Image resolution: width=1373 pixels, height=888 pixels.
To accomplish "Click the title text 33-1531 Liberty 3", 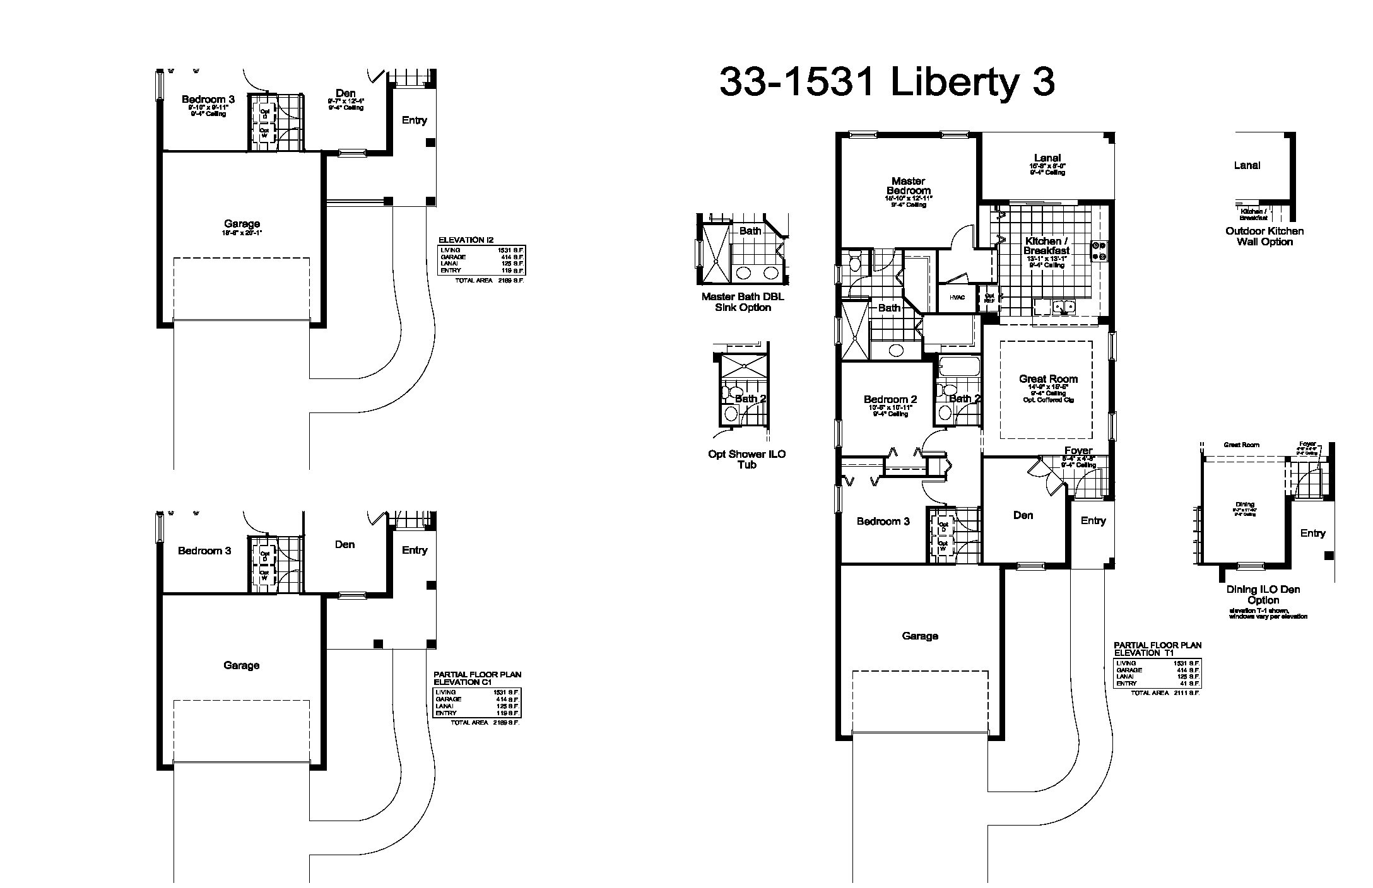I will [887, 83].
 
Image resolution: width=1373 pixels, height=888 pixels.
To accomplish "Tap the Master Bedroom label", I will [909, 186].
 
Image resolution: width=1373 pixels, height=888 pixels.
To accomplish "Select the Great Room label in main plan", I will [1048, 379].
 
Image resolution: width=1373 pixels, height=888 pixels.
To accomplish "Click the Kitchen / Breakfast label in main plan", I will [1046, 246].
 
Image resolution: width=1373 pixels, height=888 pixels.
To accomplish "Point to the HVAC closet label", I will [957, 298].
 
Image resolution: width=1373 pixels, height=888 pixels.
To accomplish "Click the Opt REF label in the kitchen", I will [989, 298].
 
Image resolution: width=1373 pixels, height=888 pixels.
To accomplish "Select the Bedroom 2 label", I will [890, 399].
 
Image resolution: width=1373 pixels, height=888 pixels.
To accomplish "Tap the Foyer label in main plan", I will [1078, 451].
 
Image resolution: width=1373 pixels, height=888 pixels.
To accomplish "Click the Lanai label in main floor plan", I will [1047, 158].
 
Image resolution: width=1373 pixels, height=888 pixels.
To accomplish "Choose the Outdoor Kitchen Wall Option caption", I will [1264, 237].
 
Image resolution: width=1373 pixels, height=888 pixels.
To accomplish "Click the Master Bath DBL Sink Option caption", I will [743, 302].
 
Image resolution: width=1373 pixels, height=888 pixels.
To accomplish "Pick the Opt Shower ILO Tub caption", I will [746, 459].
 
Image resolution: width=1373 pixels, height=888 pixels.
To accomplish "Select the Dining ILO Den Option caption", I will [1263, 595].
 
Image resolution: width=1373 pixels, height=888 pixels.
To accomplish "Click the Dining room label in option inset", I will [1244, 505].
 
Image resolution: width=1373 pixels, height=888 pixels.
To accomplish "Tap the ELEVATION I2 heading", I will [466, 240].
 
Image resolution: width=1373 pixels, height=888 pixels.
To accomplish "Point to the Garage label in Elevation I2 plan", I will [242, 224].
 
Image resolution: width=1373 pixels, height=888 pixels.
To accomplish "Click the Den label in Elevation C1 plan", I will [345, 544].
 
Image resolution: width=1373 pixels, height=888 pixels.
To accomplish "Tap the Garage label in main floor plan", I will [919, 636].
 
